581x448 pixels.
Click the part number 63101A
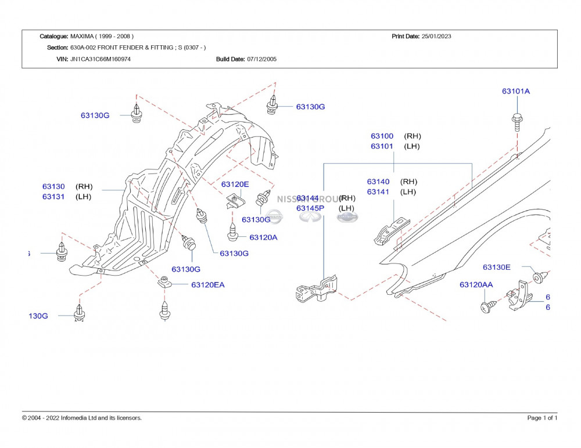[516, 91]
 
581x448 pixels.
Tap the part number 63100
[382, 136]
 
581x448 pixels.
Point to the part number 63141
[378, 192]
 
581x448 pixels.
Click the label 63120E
[235, 184]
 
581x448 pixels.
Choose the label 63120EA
[207, 284]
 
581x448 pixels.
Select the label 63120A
[263, 237]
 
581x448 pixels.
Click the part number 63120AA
[476, 284]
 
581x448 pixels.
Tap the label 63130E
[496, 267]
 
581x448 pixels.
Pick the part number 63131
[53, 197]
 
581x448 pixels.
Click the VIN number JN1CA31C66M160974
[101, 59]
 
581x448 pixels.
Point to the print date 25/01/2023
[436, 36]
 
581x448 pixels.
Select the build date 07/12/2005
[261, 59]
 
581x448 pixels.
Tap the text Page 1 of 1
[542, 418]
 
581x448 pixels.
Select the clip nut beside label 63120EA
[165, 283]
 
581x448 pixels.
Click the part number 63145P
[310, 208]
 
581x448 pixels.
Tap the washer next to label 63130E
[539, 277]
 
